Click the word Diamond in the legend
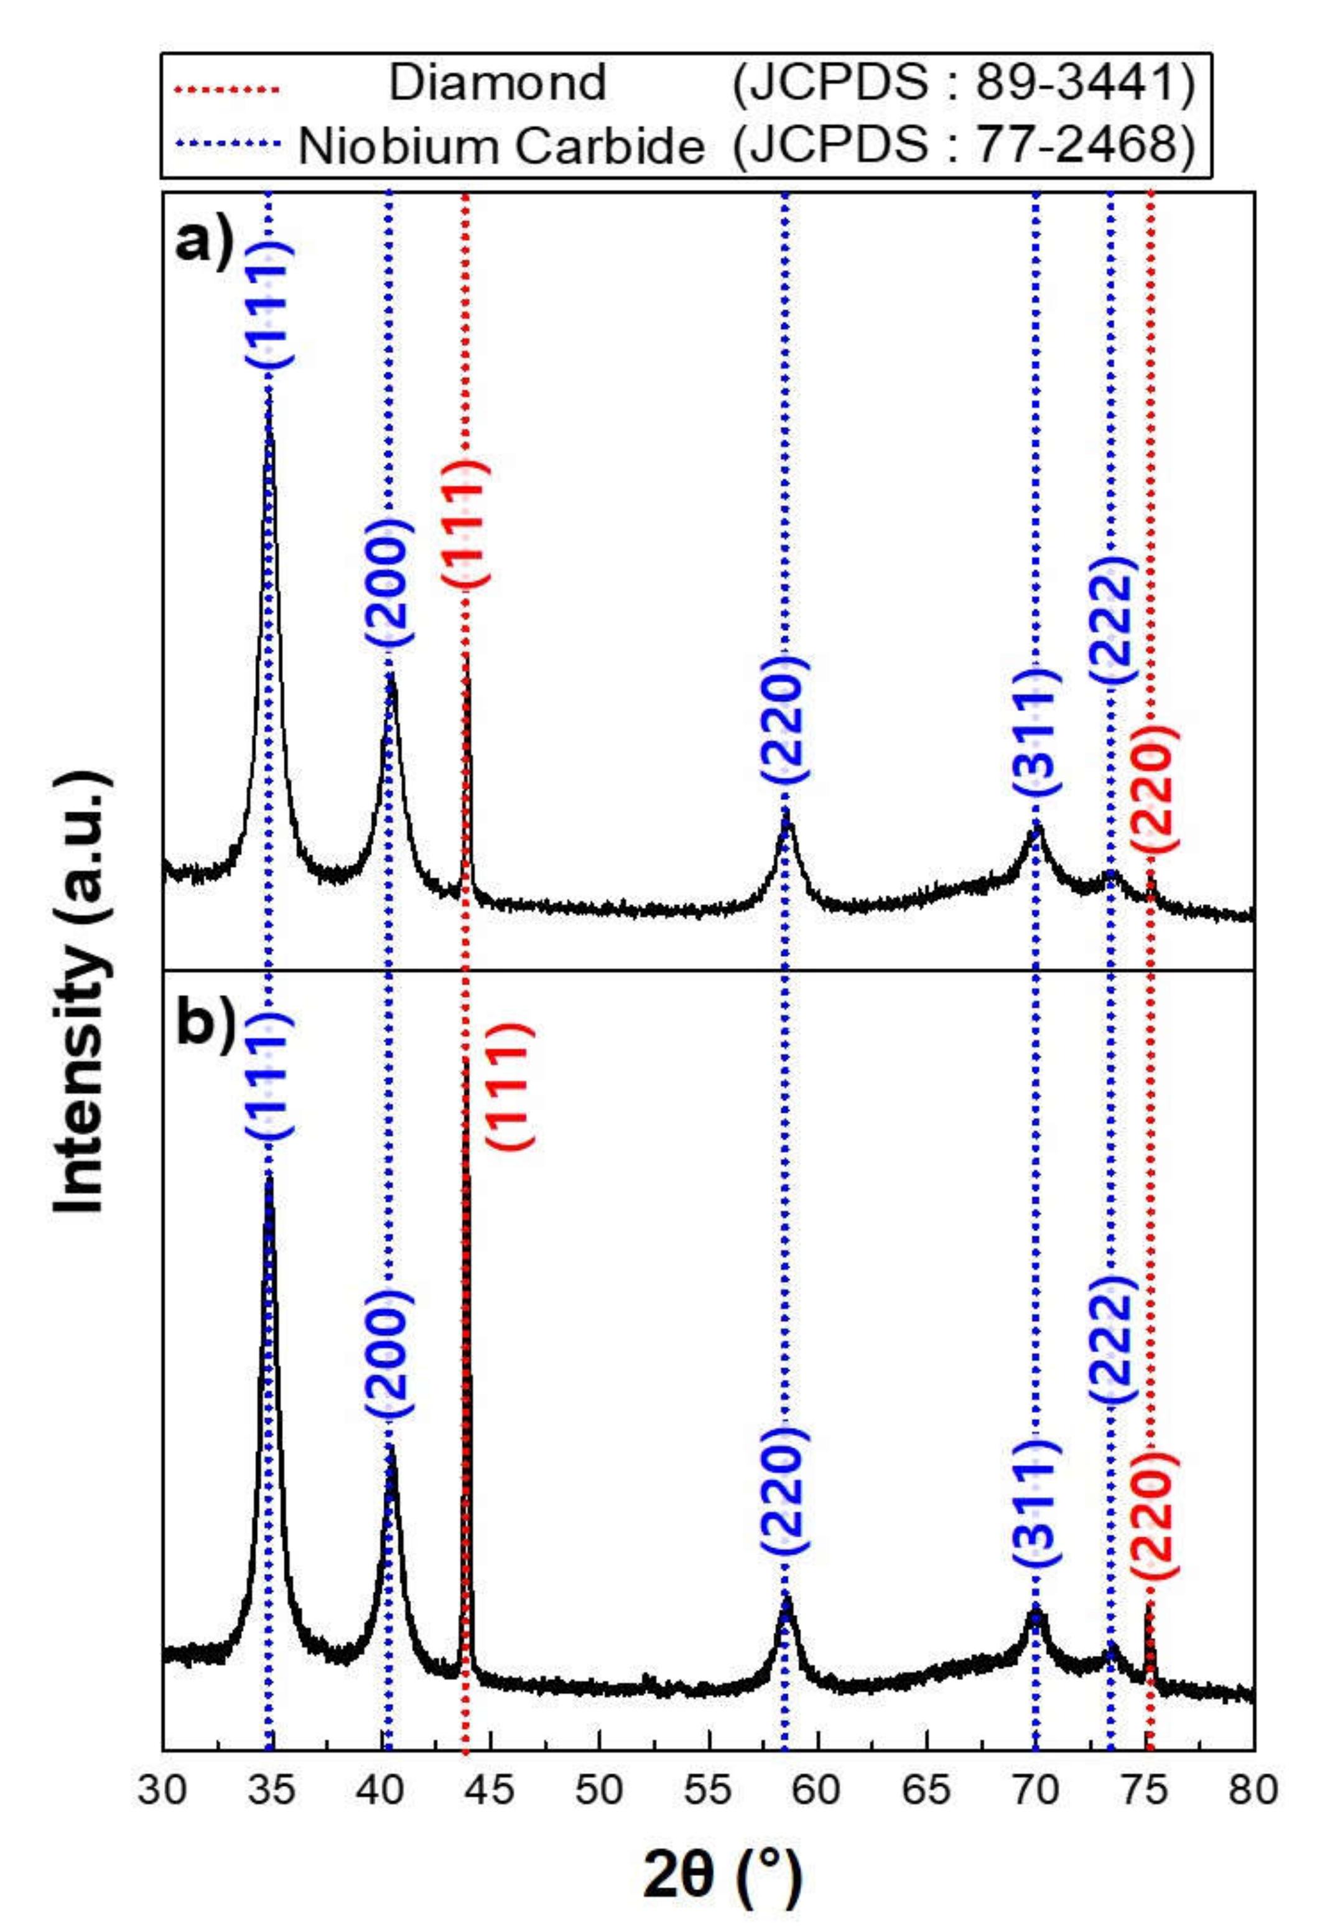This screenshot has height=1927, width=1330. tap(498, 83)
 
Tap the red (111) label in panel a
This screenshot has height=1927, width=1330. tap(466, 523)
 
